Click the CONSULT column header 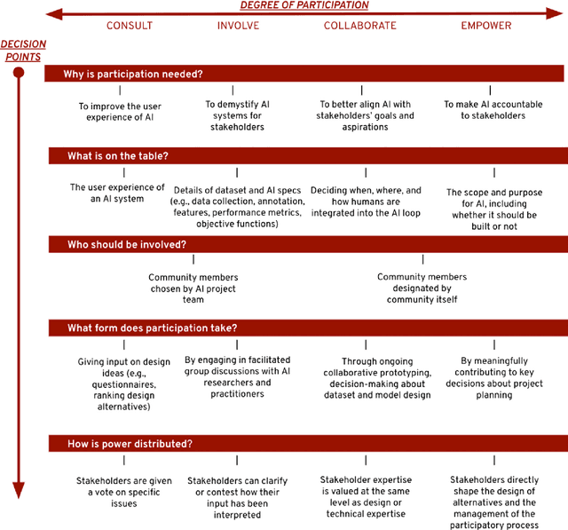point(130,26)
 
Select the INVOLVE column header point(238,26)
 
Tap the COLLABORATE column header point(359,26)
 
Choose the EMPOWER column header point(485,26)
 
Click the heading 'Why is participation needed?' point(133,74)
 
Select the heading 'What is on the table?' point(118,155)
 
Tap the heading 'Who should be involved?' point(127,244)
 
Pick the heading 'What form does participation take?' point(152,328)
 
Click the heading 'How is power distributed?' point(130,443)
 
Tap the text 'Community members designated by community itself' point(422,288)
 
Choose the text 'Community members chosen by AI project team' point(193,288)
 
